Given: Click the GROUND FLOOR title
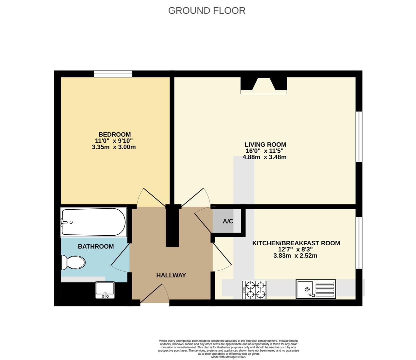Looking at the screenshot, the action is pyautogui.click(x=207, y=11).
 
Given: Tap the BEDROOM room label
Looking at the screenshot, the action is pyautogui.click(x=114, y=134).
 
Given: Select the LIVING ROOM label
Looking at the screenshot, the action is pyautogui.click(x=265, y=144).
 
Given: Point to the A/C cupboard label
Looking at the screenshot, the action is pyautogui.click(x=228, y=221).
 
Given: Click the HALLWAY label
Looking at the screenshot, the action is pyautogui.click(x=171, y=275).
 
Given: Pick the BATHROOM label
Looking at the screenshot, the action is pyautogui.click(x=96, y=246).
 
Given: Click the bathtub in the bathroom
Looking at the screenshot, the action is pyautogui.click(x=93, y=222).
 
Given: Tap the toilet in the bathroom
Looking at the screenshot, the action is pyautogui.click(x=73, y=262).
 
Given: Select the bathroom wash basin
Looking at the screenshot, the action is pyautogui.click(x=105, y=290).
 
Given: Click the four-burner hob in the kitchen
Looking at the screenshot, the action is pyautogui.click(x=254, y=290).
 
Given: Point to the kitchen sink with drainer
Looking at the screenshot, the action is pyautogui.click(x=316, y=289).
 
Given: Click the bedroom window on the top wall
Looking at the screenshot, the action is pyautogui.click(x=113, y=74).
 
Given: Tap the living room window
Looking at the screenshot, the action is pyautogui.click(x=359, y=137).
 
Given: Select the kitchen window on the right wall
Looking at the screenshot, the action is pyautogui.click(x=359, y=243).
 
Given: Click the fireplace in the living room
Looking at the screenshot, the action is pyautogui.click(x=264, y=86).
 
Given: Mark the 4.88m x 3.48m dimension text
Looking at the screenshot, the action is pyautogui.click(x=265, y=157).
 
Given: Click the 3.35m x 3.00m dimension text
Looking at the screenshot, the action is pyautogui.click(x=114, y=147).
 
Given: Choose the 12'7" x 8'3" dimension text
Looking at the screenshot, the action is pyautogui.click(x=295, y=249).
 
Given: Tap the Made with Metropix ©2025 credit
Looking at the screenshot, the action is pyautogui.click(x=229, y=357).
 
